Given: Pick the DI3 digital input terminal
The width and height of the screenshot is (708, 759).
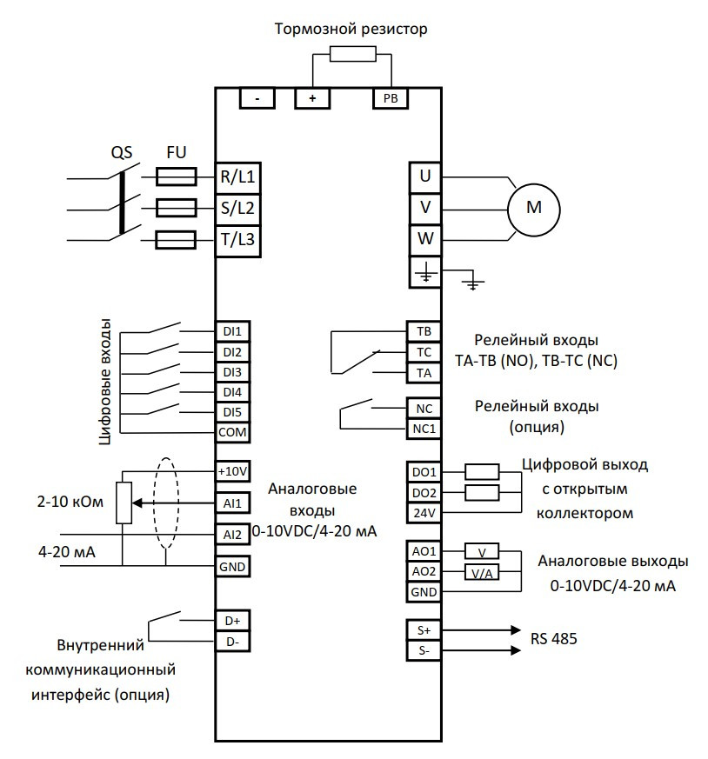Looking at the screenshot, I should point(232,371).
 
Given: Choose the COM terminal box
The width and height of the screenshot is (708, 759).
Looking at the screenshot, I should point(232,431).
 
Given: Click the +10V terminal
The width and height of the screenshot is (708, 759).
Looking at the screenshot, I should point(232,471).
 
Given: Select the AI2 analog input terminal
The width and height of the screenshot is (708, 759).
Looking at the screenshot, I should point(232,534).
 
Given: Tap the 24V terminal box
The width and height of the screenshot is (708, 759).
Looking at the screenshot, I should point(424,513).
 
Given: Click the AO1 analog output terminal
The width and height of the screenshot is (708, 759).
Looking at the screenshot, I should point(424,551).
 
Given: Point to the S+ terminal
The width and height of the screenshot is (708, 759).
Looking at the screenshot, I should point(424,629).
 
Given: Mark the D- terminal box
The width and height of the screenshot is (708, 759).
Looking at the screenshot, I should point(232,642).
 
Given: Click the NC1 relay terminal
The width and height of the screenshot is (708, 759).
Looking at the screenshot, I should point(424,429).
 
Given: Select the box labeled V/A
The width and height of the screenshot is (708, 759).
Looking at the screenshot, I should point(482,572).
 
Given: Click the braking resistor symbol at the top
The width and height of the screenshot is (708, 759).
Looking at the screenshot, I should point(352,54).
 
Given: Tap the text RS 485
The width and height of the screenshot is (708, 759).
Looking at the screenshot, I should point(554,639).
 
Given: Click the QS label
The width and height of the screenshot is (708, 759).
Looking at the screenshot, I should point(121,152).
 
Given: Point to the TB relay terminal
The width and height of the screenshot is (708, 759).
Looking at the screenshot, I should point(424,332).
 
